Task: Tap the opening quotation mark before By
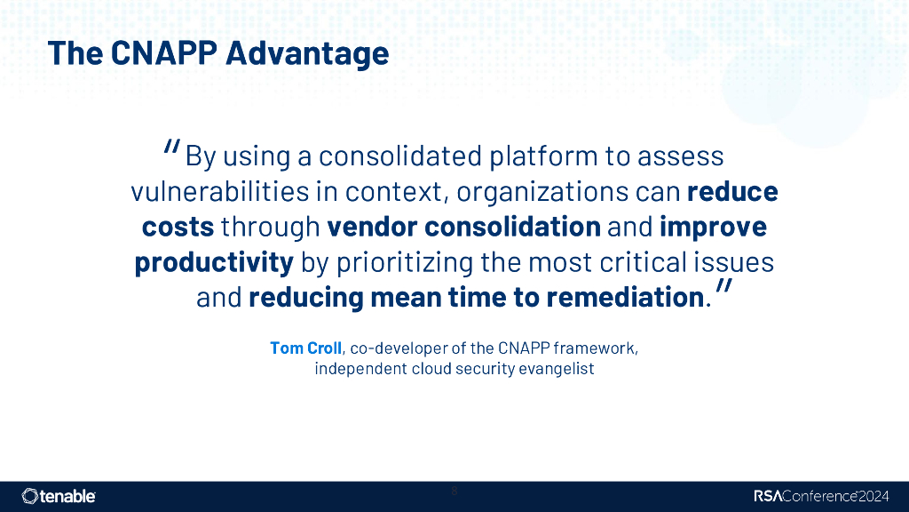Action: (x=172, y=148)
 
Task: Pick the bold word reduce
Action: (x=732, y=192)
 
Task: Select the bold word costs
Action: (x=178, y=227)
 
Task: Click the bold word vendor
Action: (x=374, y=227)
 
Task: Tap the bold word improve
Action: (x=713, y=227)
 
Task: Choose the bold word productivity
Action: (x=214, y=262)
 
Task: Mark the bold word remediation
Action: (x=625, y=298)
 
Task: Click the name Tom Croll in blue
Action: (x=305, y=348)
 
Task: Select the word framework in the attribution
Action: (x=597, y=348)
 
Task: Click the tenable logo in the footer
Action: (x=59, y=496)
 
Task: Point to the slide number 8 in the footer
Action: (x=454, y=491)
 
